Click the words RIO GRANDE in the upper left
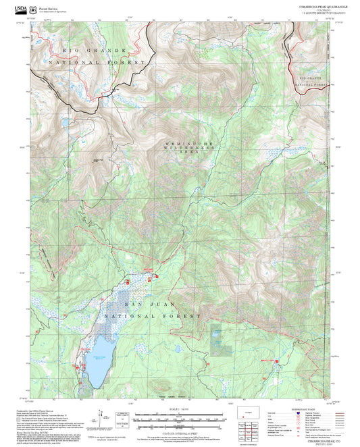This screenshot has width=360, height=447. (95, 51)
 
